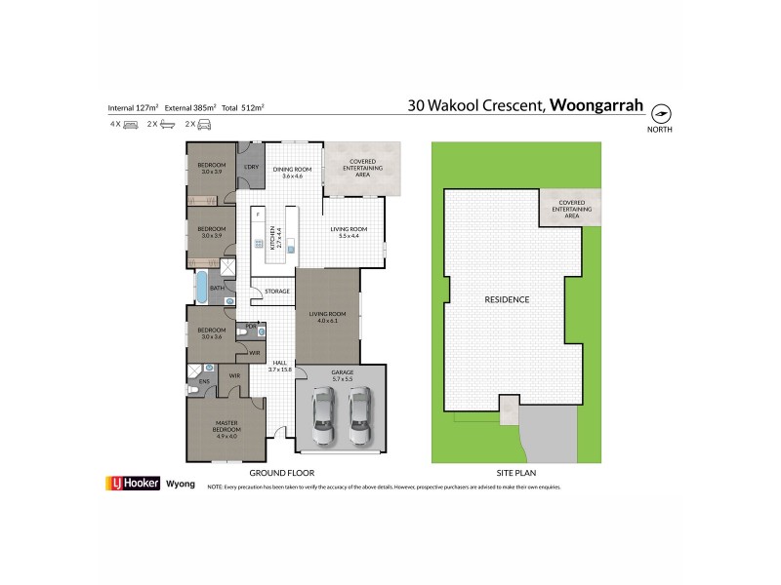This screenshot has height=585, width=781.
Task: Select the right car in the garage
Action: pos(360,415)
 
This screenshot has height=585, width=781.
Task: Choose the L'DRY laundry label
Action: pos(251,166)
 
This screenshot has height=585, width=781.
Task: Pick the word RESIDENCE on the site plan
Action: pos(505,299)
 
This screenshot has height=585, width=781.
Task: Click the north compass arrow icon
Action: pos(660,112)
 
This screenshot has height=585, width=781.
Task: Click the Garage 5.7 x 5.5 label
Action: pos(342,374)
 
